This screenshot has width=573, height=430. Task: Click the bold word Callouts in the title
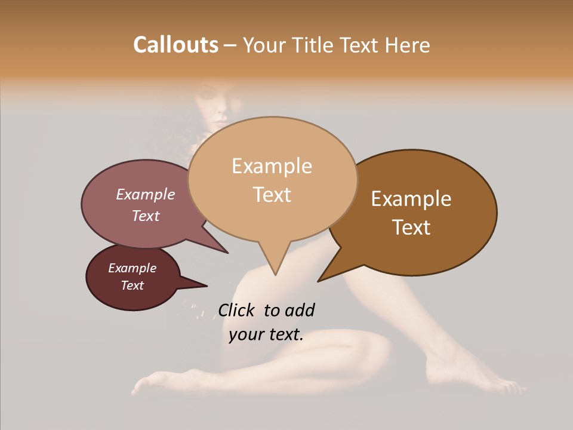click(175, 45)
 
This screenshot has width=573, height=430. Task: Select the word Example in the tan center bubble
click(272, 166)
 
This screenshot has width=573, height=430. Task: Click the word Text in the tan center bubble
click(272, 194)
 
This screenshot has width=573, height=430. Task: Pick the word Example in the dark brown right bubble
click(411, 199)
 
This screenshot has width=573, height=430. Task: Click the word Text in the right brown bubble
click(411, 227)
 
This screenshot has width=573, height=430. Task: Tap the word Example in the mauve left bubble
click(145, 194)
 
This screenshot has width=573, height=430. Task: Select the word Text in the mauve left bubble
click(145, 216)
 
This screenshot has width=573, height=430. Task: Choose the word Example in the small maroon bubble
click(132, 268)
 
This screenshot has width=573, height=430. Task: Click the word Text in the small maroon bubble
click(132, 285)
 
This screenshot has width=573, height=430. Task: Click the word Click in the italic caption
click(237, 310)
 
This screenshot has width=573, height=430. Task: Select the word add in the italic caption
click(300, 310)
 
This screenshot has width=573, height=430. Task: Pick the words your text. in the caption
click(266, 334)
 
